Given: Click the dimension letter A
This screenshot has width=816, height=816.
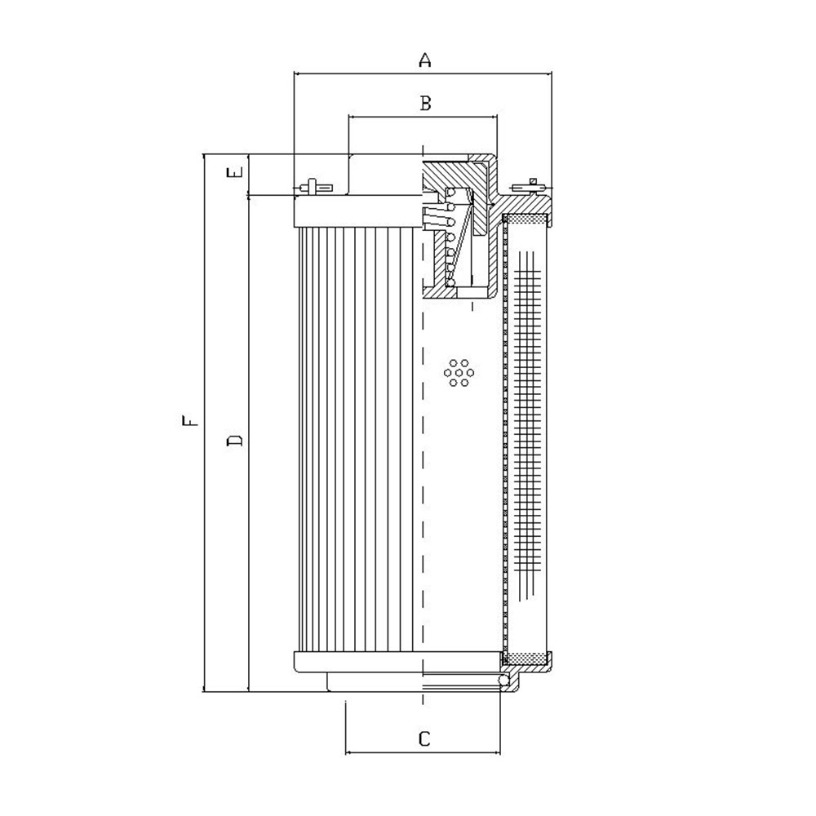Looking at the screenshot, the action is [425, 60].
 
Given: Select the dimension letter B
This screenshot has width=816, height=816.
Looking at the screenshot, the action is [425, 103].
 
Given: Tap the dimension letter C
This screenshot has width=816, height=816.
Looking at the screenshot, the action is [424, 738].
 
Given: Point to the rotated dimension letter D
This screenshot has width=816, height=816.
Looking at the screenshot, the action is [235, 441].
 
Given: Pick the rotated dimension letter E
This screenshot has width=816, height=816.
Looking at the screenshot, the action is [236, 172].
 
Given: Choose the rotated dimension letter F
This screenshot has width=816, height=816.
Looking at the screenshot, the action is [190, 420].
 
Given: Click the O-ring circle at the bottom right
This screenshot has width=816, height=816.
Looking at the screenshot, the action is [503, 681].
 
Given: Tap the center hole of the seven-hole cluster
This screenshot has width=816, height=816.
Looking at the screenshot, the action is [459, 373].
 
